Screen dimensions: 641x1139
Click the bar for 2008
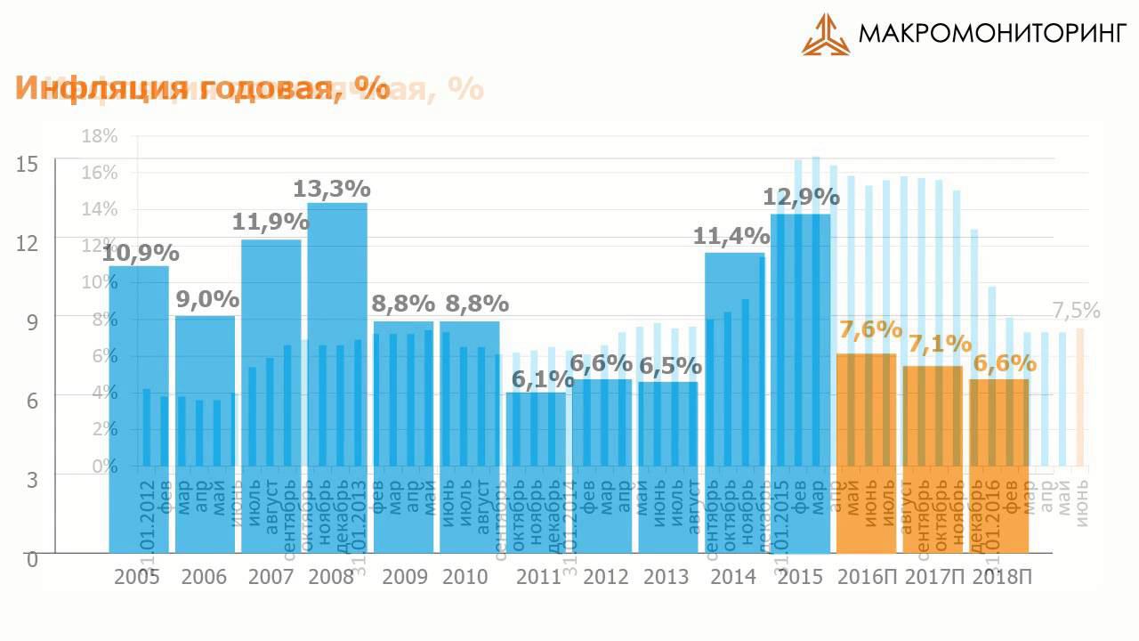pyautogui.click(x=337, y=383)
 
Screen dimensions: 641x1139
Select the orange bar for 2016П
pyautogui.click(x=866, y=454)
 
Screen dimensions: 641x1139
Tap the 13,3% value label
pyautogui.click(x=332, y=189)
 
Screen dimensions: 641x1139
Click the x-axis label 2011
pyautogui.click(x=538, y=577)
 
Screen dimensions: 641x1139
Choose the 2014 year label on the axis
pyautogui.click(x=733, y=577)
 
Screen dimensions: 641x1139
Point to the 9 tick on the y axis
pyautogui.click(x=32, y=322)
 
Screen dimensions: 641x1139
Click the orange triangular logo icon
pyautogui.click(x=825, y=35)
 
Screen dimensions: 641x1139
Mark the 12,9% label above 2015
pyautogui.click(x=801, y=197)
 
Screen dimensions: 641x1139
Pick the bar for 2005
pyautogui.click(x=139, y=410)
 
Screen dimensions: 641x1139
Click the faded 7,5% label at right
pyautogui.click(x=1076, y=311)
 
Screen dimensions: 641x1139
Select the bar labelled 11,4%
pyautogui.click(x=734, y=401)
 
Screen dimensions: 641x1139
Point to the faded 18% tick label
pyautogui.click(x=99, y=136)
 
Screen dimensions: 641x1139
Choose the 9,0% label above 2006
pyautogui.click(x=206, y=299)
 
